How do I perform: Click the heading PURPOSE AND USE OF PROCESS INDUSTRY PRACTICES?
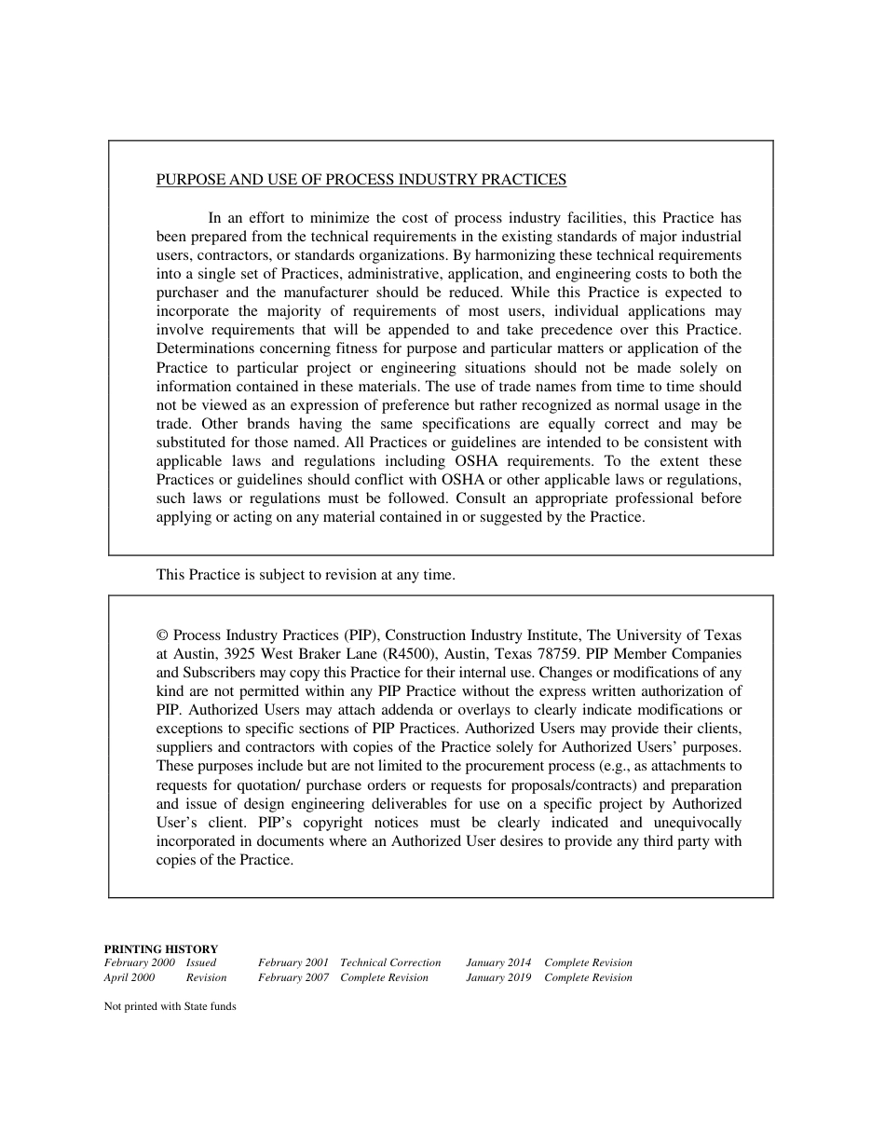click(361, 180)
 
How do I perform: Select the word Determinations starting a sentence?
click(206, 348)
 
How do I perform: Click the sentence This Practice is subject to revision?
click(306, 575)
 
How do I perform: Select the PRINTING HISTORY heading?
click(160, 948)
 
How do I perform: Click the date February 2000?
click(139, 962)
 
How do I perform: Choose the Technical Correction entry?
click(390, 962)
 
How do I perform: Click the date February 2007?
click(293, 977)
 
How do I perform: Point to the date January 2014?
click(498, 962)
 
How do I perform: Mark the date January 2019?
click(498, 977)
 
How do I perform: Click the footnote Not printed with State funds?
click(170, 1006)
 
